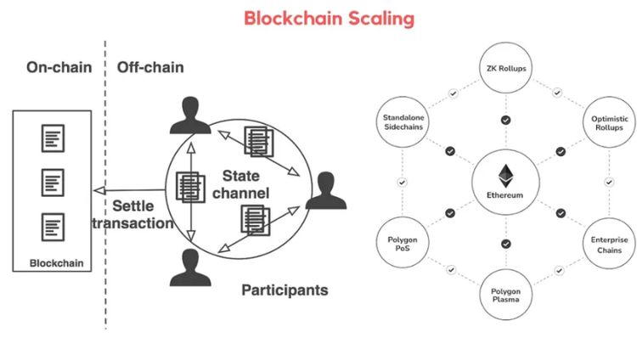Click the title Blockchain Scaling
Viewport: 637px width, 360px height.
[318, 18]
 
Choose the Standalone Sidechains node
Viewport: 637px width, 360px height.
[403, 121]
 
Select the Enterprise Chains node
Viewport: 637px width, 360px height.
[607, 244]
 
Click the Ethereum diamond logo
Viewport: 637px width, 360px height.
[506, 175]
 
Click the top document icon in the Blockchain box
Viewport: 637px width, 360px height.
[52, 136]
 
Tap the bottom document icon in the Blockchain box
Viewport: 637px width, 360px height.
[52, 226]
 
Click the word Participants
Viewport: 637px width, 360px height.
[285, 290]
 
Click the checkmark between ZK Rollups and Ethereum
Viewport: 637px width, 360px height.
[506, 121]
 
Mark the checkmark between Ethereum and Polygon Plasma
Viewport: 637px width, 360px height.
[506, 244]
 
